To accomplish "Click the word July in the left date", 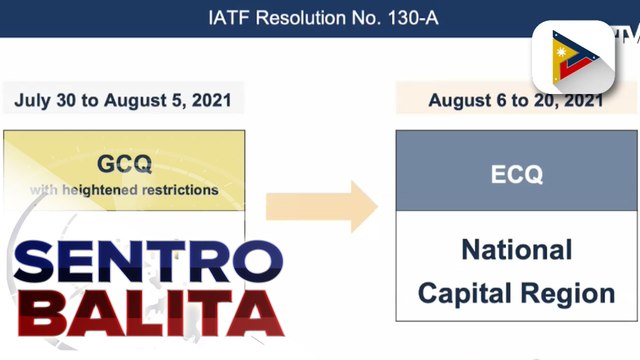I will pyautogui.click(x=34, y=101).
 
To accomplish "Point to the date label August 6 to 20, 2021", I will pyautogui.click(x=516, y=101).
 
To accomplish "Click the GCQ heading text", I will pyautogui.click(x=123, y=162).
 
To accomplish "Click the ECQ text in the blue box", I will pyautogui.click(x=516, y=174).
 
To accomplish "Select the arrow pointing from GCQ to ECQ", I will pyautogui.click(x=321, y=207).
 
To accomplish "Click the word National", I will pyautogui.click(x=516, y=249).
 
